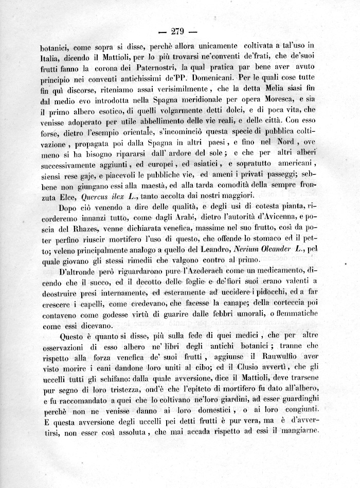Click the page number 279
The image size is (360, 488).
(178, 29)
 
